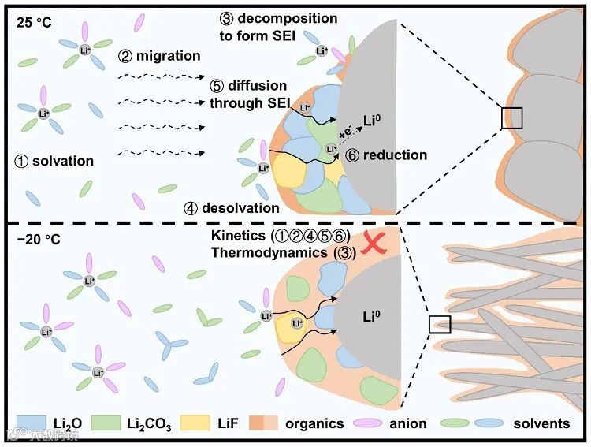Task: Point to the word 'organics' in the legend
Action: pos(315,423)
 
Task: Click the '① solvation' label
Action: pos(54,161)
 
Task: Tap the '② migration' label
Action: pos(154,56)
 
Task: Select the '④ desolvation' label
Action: pos(232,208)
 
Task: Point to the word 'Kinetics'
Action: pos(240,237)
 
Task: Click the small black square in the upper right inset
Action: pos(512,117)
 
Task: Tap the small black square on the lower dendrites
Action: pos(440,324)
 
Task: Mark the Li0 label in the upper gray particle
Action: pos(373,121)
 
